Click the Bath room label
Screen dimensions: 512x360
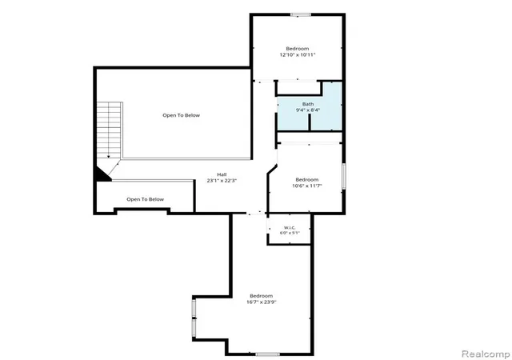[307, 104]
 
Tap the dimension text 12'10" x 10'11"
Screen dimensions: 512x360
[297, 55]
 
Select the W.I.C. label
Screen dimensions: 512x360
[290, 227]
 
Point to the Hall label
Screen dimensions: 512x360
[222, 174]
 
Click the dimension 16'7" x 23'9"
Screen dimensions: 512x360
[262, 302]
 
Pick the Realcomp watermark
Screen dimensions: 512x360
[486, 354]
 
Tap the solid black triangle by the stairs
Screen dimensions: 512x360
[102, 175]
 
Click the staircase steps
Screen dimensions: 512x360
[109, 130]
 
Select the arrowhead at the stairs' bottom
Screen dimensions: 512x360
[109, 157]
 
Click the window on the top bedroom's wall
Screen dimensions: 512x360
[301, 14]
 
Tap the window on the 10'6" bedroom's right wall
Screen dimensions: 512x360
[343, 176]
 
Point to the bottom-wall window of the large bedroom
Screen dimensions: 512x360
[267, 354]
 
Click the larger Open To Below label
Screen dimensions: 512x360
[182, 115]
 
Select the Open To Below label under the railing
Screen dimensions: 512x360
[146, 199]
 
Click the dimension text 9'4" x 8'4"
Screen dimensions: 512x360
[307, 110]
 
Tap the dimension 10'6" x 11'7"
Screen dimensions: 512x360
[307, 186]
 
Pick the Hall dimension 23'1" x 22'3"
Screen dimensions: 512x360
[222, 180]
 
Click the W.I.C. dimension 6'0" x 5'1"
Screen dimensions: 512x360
[290, 233]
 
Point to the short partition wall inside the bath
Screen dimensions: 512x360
[309, 122]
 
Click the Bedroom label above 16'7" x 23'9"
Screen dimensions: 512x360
[262, 296]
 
